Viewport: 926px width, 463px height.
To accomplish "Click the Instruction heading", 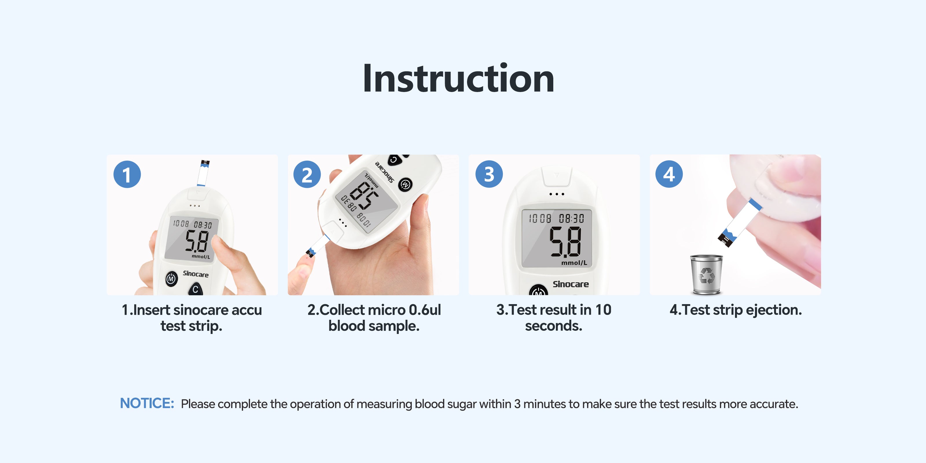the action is pos(458,78).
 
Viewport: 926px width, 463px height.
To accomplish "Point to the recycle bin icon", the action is pos(706,274).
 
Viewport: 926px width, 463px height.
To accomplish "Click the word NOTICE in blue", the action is pos(147,403).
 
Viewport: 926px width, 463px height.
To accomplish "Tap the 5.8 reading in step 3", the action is pos(565,242).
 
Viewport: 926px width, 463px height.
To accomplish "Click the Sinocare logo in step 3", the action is pos(570,284).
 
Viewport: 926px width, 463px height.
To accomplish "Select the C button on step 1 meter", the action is pos(195,289).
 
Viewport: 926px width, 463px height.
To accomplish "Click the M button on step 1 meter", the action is pos(172,279).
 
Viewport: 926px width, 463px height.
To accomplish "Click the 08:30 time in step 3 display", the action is pos(571,218).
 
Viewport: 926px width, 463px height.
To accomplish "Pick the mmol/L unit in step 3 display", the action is pos(574,263).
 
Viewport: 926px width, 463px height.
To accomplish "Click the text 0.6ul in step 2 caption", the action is pos(425,310).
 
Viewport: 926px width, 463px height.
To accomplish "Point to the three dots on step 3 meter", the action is pos(557,194).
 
